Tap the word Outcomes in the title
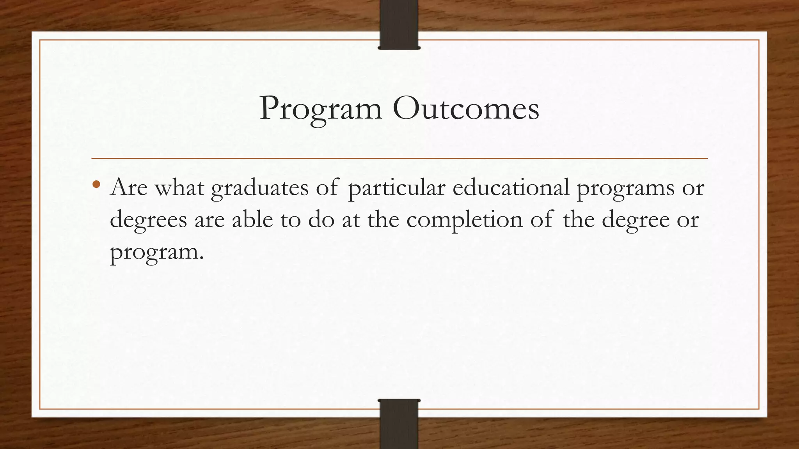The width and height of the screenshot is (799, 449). click(x=466, y=108)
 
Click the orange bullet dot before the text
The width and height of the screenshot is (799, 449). click(x=97, y=184)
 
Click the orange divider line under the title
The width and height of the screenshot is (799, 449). click(x=399, y=159)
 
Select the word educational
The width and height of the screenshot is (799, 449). click(x=511, y=187)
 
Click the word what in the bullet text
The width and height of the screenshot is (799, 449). click(x=179, y=187)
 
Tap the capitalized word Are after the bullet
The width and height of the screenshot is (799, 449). click(x=129, y=187)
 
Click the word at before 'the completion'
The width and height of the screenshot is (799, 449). click(x=351, y=220)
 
